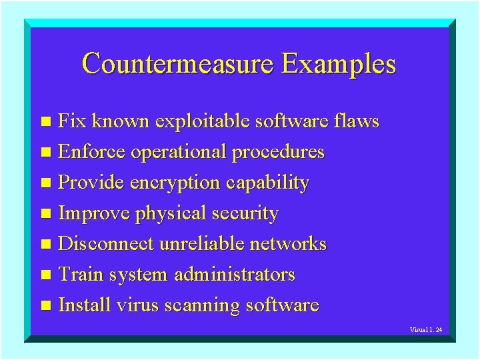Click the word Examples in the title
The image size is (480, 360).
tap(338, 65)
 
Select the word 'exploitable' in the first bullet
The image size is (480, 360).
tap(203, 122)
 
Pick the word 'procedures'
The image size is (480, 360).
tap(277, 153)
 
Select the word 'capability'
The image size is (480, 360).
tap(267, 183)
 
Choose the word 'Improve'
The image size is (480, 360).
tap(94, 214)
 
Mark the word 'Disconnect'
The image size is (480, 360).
tap(106, 244)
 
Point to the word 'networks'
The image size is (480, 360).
tap(287, 244)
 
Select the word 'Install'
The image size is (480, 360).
tap(85, 305)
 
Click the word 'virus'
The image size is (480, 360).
tap(135, 306)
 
